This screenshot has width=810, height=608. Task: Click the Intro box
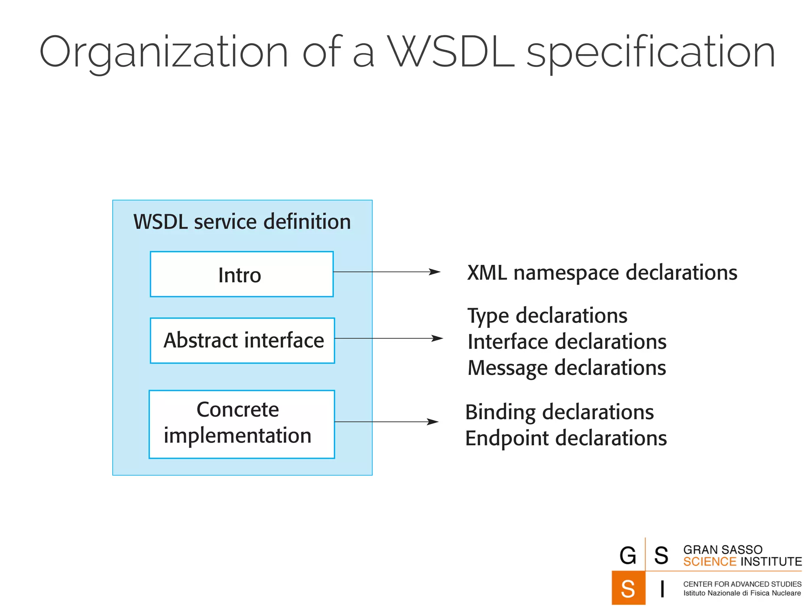[242, 274]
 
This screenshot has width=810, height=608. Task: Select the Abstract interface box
[242, 340]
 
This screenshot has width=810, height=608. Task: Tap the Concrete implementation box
[242, 424]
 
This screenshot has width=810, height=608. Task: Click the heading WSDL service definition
[242, 222]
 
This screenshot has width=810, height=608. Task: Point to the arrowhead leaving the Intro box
[435, 272]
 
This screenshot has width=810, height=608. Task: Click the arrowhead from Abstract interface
[437, 338]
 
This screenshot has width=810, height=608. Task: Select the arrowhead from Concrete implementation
[433, 422]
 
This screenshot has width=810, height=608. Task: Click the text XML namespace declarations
[602, 273]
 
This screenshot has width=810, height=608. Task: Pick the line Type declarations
[547, 316]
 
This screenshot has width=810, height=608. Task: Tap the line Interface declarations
[567, 342]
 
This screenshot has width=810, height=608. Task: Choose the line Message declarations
[566, 368]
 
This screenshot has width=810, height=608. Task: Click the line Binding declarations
[559, 412]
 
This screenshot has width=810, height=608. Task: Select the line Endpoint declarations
[566, 438]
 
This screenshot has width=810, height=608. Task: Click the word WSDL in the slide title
[451, 51]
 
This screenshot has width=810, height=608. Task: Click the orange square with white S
[628, 588]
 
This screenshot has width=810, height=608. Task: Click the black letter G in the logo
[628, 555]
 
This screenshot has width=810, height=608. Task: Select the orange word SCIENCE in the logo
[710, 562]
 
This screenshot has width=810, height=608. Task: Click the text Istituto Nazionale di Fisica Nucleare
[742, 593]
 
